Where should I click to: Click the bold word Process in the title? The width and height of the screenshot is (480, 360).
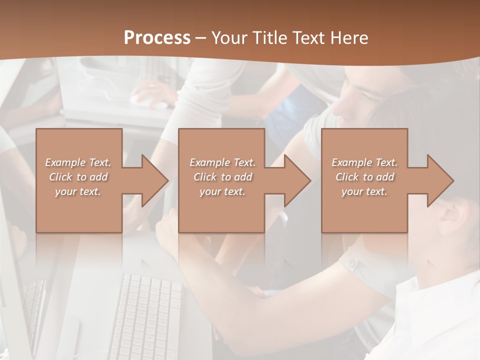157,38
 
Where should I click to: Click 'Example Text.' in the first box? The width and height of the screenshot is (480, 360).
78,162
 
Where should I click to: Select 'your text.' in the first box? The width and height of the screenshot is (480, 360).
78,191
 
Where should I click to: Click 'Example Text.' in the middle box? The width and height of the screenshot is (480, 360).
222,162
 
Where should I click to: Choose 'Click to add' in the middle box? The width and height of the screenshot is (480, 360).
222,177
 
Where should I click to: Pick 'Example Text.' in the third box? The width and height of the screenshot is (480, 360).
364,162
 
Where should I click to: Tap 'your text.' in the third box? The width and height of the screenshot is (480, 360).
364,191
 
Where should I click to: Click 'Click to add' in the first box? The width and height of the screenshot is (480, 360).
78,177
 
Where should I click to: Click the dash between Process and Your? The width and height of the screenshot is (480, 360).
200,38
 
